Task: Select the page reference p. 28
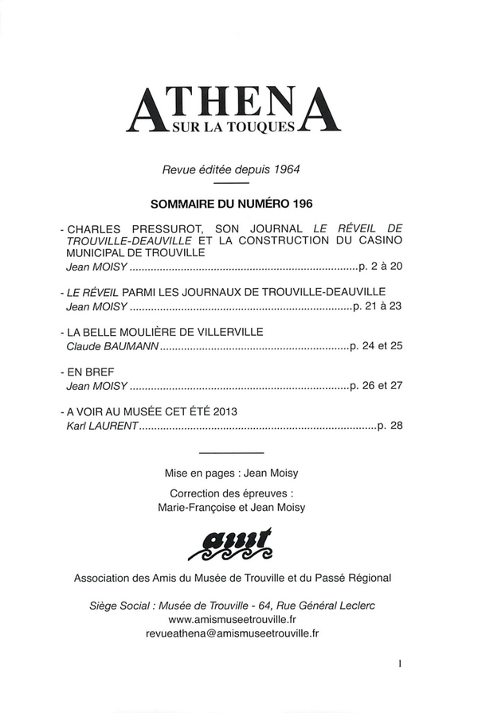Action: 390,426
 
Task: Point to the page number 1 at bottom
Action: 404,661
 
